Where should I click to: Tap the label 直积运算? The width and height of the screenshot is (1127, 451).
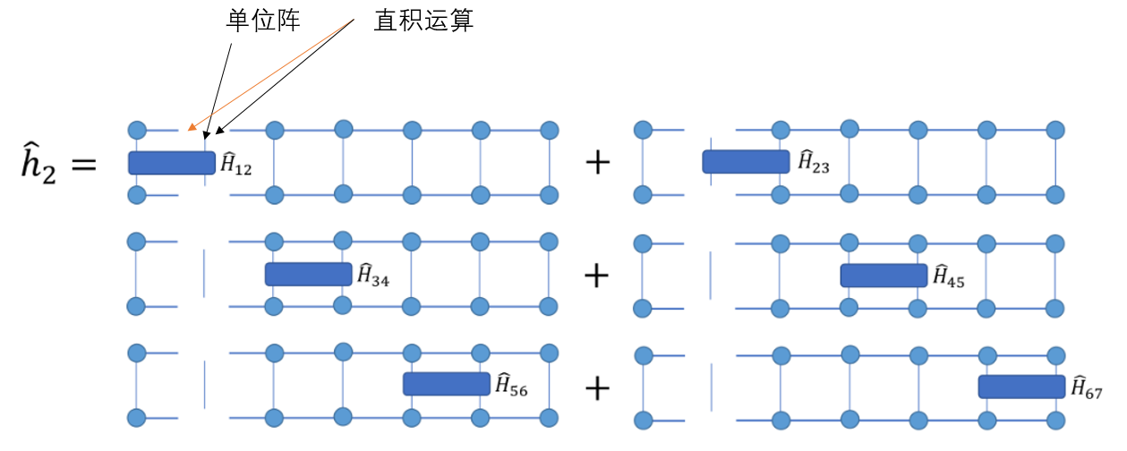click(x=423, y=21)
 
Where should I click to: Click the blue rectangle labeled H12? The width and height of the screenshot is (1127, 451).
click(x=172, y=162)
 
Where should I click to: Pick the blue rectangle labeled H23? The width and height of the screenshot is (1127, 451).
click(x=746, y=161)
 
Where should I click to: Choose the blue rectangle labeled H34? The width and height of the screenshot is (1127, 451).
click(x=309, y=274)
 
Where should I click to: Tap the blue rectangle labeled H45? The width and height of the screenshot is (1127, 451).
click(x=884, y=275)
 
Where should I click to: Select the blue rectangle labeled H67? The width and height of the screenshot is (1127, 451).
click(x=1021, y=387)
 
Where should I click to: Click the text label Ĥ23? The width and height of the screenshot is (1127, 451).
click(x=815, y=163)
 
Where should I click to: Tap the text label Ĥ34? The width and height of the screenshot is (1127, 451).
click(x=373, y=276)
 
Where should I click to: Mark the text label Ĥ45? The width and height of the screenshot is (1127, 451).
click(x=949, y=277)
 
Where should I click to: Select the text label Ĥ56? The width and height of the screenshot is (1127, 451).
click(x=511, y=385)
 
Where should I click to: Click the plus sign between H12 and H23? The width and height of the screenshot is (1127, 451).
click(x=597, y=162)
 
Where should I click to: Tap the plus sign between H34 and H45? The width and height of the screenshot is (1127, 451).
click(x=597, y=275)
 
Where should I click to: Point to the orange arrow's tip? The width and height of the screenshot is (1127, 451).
click(x=188, y=129)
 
